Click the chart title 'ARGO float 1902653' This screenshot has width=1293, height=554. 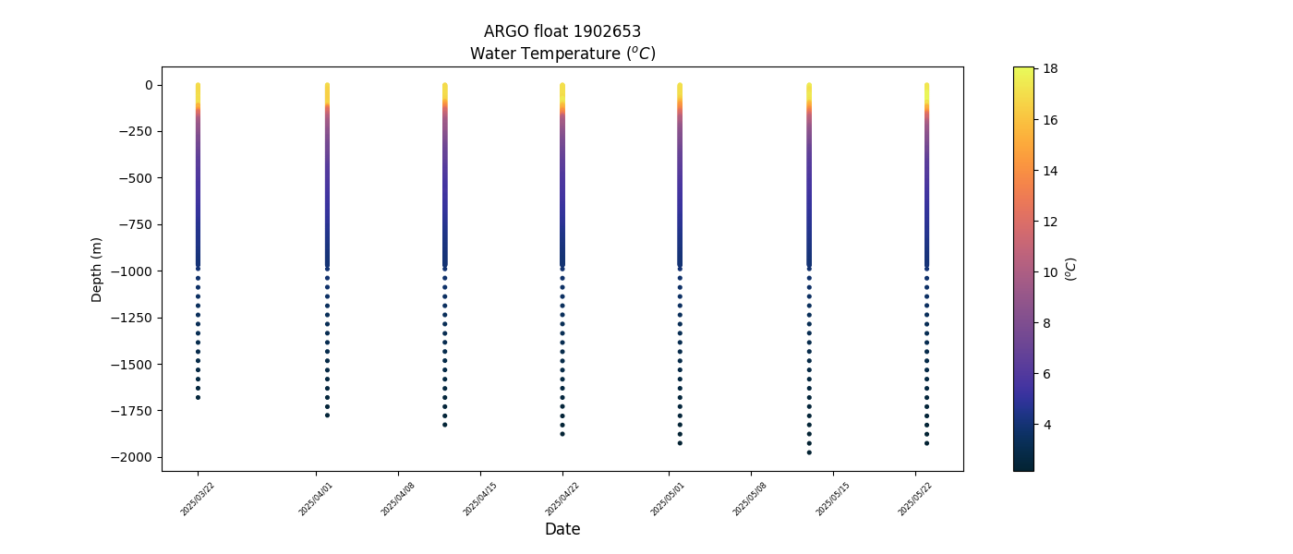pos(562,31)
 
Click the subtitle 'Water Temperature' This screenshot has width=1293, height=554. pos(562,54)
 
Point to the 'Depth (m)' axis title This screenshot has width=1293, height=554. pos(97,269)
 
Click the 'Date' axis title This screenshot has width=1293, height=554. pos(562,529)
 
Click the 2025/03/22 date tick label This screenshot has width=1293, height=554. pos(198,499)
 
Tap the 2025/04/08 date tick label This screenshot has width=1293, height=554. pos(398,499)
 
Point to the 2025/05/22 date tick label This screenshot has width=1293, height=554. pos(914,499)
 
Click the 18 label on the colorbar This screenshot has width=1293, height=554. pos(1050,68)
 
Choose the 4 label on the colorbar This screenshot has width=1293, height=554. pos(1047,425)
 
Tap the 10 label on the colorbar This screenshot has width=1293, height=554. pos(1050,272)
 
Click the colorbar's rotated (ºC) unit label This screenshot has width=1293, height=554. pos(1070,269)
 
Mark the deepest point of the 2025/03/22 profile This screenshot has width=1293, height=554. pos(198,397)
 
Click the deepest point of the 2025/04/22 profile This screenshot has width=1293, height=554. pos(562,434)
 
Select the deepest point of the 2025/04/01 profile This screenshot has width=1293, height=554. pos(327,415)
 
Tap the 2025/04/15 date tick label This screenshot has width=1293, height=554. pos(480,499)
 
